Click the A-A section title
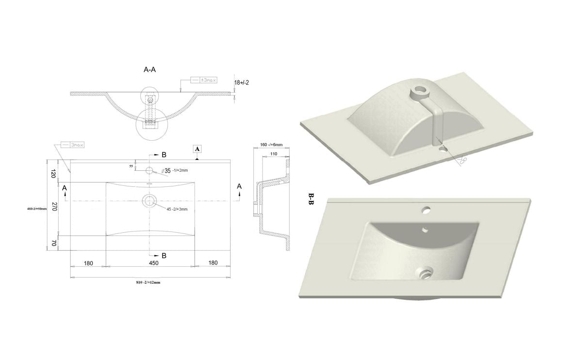click(x=149, y=70)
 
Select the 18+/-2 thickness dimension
click(x=241, y=82)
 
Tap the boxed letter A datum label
click(x=198, y=148)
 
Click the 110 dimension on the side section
click(x=274, y=153)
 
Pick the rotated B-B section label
click(x=311, y=199)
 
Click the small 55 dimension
click(x=131, y=166)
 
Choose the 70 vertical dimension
click(x=54, y=243)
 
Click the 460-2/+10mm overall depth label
click(x=37, y=209)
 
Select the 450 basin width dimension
click(x=153, y=263)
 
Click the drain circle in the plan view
click(x=149, y=200)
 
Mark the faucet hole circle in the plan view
click(x=149, y=170)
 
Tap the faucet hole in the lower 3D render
click(x=426, y=210)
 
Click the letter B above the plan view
click(x=164, y=155)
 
